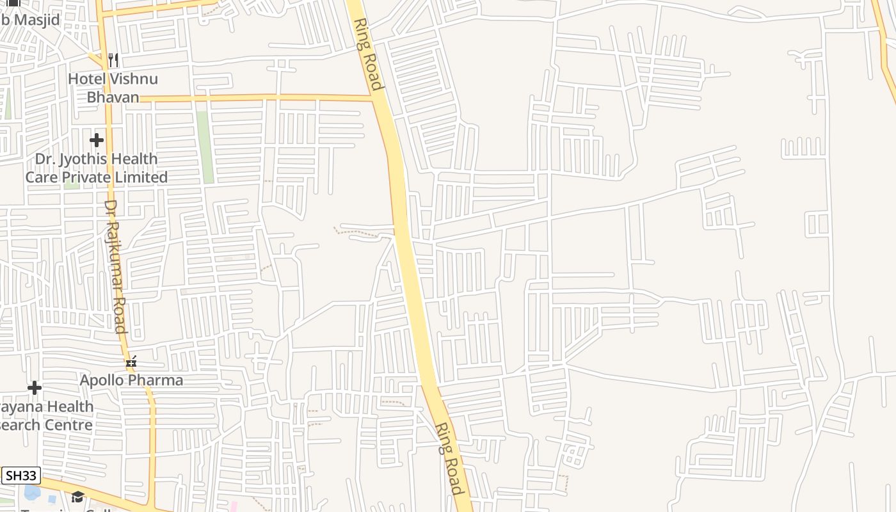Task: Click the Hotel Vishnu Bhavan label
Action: click(x=113, y=88)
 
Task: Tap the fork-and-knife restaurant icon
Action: click(x=113, y=60)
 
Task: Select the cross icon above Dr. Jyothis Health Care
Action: click(x=97, y=140)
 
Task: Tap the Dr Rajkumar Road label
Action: click(x=116, y=266)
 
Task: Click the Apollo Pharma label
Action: click(x=131, y=380)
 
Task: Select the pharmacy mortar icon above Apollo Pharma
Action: click(x=131, y=362)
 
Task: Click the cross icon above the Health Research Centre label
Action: click(x=35, y=388)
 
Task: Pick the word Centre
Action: click(x=72, y=424)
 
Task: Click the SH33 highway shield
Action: click(x=20, y=476)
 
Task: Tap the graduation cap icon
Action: click(x=77, y=497)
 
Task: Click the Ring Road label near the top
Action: click(x=368, y=54)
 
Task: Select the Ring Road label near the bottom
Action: click(x=449, y=458)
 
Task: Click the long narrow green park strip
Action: click(x=205, y=147)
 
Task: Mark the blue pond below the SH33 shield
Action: click(x=32, y=493)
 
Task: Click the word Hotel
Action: click(x=86, y=79)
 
